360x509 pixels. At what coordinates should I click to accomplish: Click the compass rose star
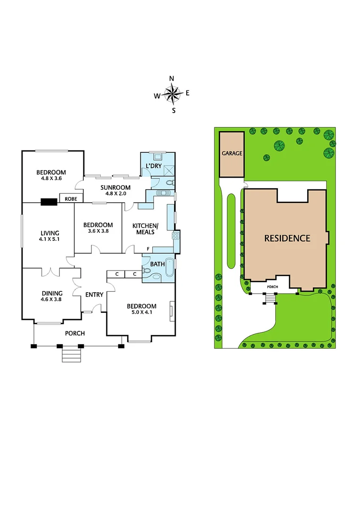pyautogui.click(x=173, y=94)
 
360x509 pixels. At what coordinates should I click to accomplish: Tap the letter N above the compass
pyautogui.click(x=172, y=79)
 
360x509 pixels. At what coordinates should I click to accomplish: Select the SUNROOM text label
pyautogui.click(x=112, y=188)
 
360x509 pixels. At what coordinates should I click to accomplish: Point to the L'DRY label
pyautogui.click(x=154, y=166)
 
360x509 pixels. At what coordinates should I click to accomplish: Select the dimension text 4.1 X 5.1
pyautogui.click(x=49, y=239)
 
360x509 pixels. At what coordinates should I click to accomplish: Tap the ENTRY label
pyautogui.click(x=94, y=295)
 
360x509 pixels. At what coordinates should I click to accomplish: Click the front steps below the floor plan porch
pyautogui.click(x=72, y=354)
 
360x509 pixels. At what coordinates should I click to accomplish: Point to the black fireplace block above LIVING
pyautogui.click(x=49, y=202)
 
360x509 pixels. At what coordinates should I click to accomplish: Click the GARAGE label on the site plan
pyautogui.click(x=232, y=154)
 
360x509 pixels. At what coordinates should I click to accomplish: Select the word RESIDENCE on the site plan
pyautogui.click(x=287, y=238)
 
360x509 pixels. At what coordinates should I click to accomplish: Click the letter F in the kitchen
pyautogui.click(x=148, y=248)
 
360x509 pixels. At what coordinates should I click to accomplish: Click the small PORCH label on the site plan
pyautogui.click(x=273, y=286)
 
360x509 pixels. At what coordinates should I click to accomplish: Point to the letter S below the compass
pyautogui.click(x=173, y=111)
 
